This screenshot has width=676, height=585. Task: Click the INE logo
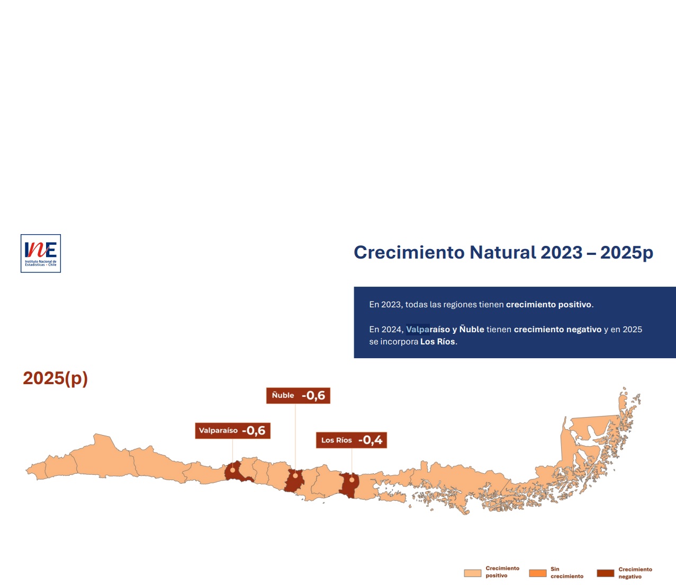click(x=41, y=253)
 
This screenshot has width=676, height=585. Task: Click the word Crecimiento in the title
click(x=409, y=252)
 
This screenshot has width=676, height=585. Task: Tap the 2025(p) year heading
click(x=55, y=378)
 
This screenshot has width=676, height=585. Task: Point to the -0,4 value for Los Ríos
click(x=370, y=440)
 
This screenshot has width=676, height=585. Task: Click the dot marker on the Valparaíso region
click(x=232, y=470)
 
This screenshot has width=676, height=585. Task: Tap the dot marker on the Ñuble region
click(x=295, y=475)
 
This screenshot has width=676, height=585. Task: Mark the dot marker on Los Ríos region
click(x=352, y=480)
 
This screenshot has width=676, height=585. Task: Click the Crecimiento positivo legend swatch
click(x=473, y=573)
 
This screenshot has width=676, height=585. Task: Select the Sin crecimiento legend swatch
click(x=538, y=573)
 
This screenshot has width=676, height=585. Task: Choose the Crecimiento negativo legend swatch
click(x=606, y=573)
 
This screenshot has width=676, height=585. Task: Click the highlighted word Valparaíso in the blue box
click(x=428, y=330)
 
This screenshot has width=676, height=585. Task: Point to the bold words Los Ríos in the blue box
click(x=438, y=341)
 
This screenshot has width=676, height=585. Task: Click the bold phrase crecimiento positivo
click(x=548, y=305)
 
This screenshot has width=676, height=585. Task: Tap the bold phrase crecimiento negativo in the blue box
click(x=557, y=330)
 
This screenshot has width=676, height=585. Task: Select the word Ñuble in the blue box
click(x=472, y=329)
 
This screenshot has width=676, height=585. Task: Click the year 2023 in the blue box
click(x=391, y=305)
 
